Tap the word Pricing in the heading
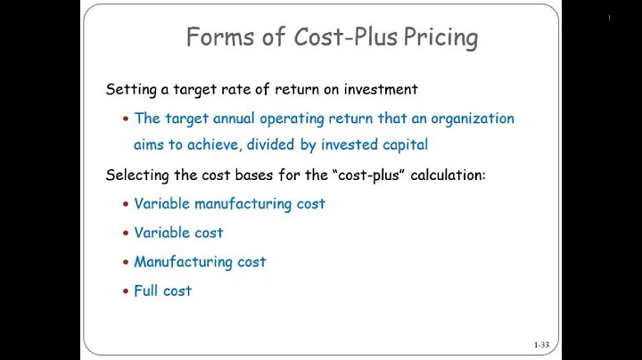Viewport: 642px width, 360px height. point(440,37)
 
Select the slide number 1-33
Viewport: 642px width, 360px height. point(541,344)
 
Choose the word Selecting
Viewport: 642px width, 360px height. point(136,175)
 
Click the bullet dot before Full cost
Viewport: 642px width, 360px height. point(126,291)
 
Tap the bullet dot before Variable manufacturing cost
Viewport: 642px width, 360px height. point(126,204)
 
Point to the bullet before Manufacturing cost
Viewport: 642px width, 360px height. point(126,262)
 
